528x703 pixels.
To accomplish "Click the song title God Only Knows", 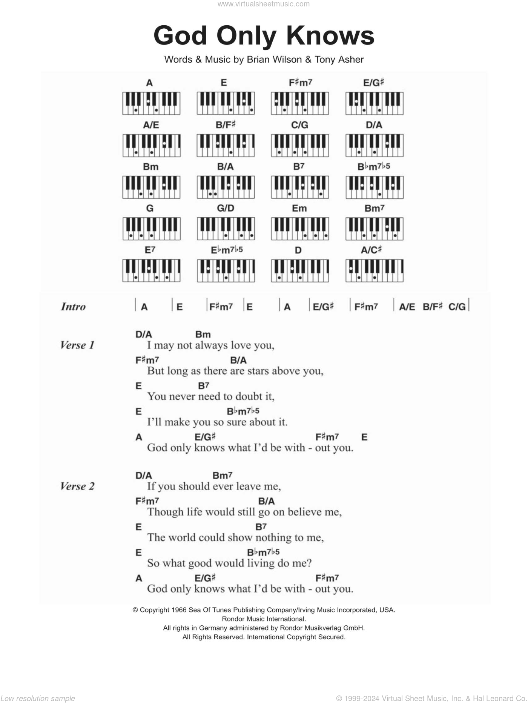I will pyautogui.click(x=264, y=36).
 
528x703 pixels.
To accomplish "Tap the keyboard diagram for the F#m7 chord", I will pyautogui.click(x=300, y=103).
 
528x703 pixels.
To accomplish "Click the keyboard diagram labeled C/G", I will pyautogui.click(x=300, y=145).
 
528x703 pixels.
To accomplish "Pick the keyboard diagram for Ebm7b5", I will pyautogui.click(x=226, y=270).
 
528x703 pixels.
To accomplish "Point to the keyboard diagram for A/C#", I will pyautogui.click(x=374, y=270).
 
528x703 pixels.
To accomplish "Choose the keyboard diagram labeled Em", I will pyautogui.click(x=300, y=229).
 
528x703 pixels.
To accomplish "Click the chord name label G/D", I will pyautogui.click(x=226, y=208).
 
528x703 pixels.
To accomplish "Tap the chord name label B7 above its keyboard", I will pyautogui.click(x=299, y=166).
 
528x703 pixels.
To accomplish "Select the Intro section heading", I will pyautogui.click(x=73, y=307).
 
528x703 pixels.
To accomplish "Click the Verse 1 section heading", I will pyautogui.click(x=77, y=345).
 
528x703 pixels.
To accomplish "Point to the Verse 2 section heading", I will pyautogui.click(x=77, y=486).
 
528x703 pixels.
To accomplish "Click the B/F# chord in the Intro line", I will pyautogui.click(x=432, y=307).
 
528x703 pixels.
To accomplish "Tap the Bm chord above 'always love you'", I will pyautogui.click(x=203, y=335).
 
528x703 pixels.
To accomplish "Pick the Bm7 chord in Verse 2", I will pyautogui.click(x=222, y=476).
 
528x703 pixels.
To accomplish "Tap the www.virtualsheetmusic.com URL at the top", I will pyautogui.click(x=264, y=4).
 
